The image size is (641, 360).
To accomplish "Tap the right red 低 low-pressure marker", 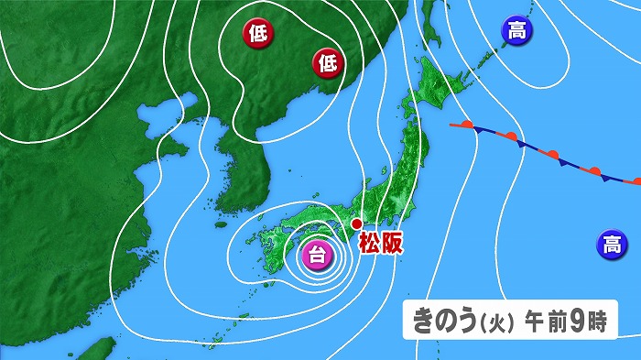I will pos(326,63).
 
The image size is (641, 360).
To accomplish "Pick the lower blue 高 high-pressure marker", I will pos(611,245).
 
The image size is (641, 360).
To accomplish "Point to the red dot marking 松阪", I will pos(357,224).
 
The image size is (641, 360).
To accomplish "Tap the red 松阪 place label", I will pos(380,245).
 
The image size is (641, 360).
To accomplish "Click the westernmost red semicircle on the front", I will pos(467,124).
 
